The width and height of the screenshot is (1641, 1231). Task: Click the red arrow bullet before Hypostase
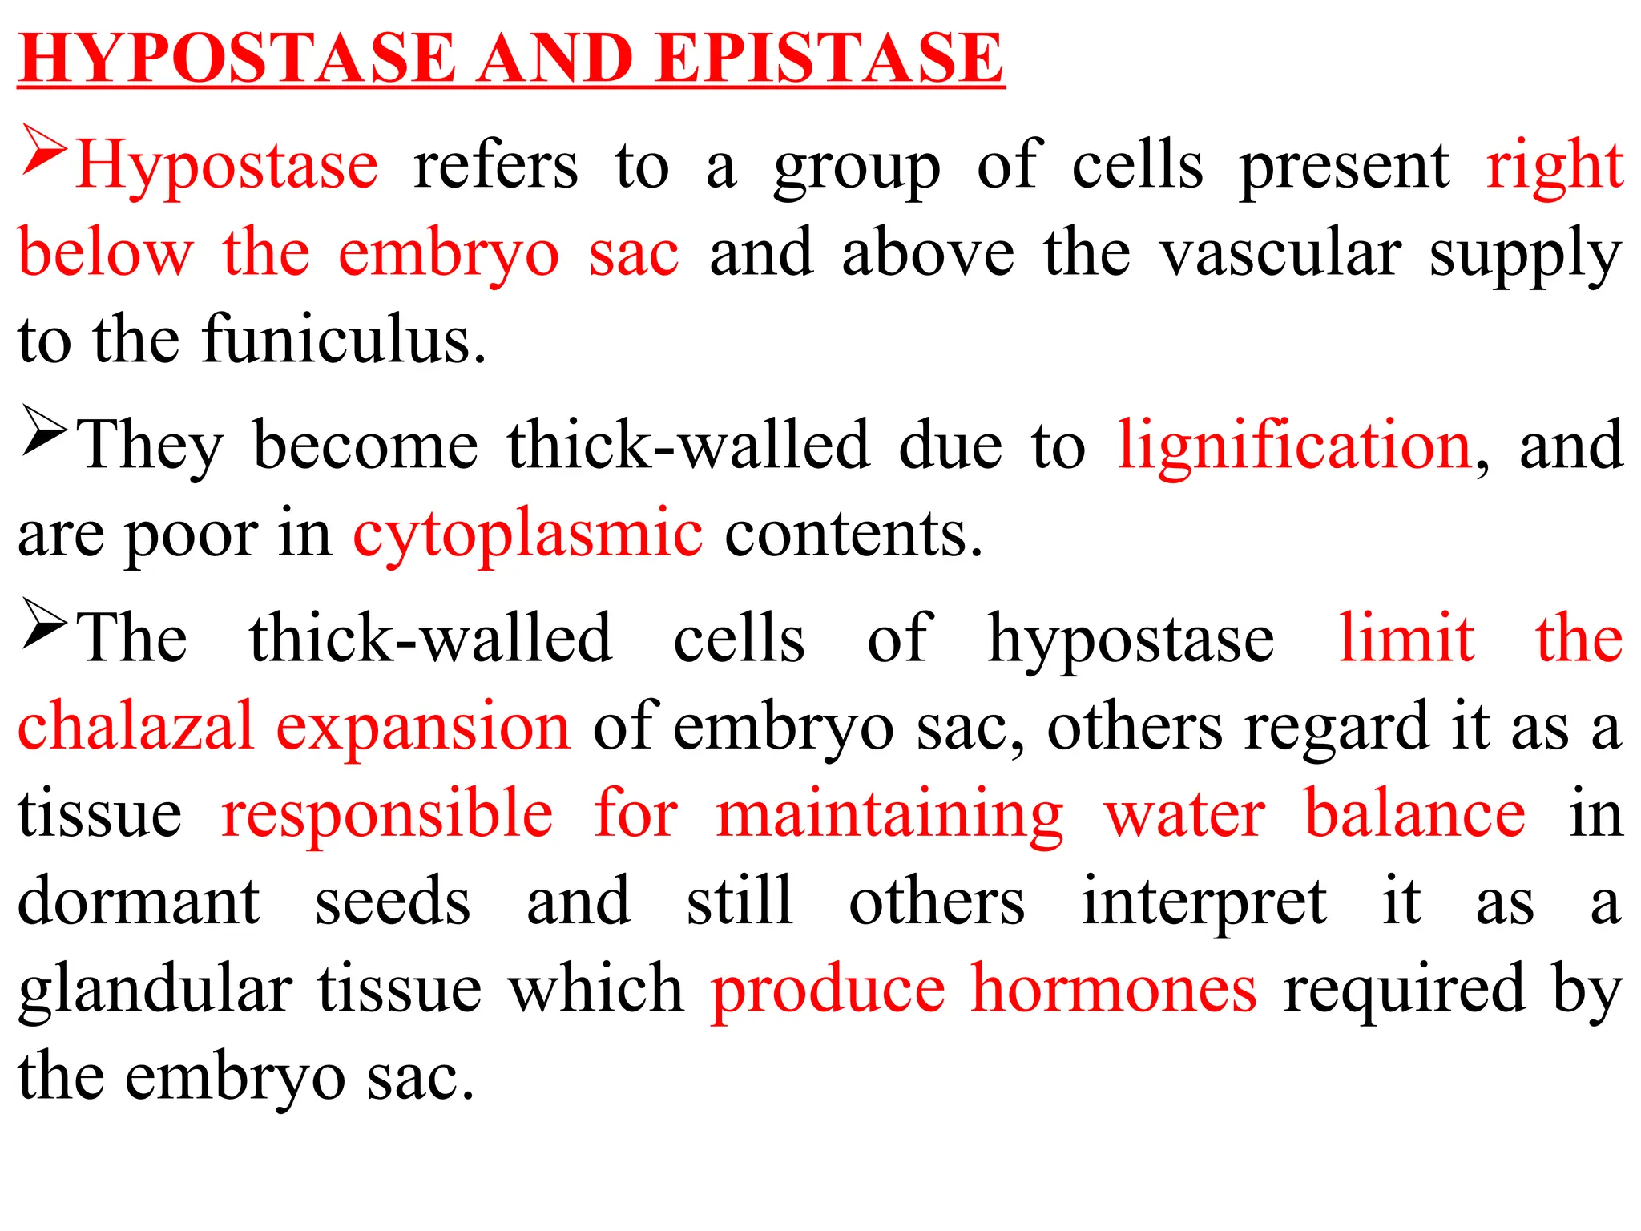pos(44,149)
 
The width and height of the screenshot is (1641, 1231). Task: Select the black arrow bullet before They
pos(44,430)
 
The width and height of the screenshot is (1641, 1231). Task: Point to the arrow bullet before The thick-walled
pos(44,623)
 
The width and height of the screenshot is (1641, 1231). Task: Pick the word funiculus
pos(344,341)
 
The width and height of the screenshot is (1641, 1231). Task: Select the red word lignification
pos(1294,445)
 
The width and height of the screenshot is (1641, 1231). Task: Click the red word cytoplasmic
pos(528,533)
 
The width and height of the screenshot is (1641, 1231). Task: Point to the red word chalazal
pos(135,725)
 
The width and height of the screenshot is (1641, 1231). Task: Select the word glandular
pos(155,990)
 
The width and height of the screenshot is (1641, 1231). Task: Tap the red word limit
pos(1406,638)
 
